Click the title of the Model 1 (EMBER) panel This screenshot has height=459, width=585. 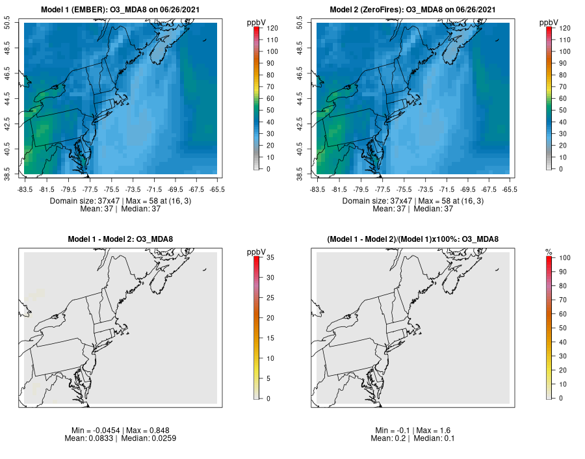tap(120, 10)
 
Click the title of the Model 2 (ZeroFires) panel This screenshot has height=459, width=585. tap(413, 10)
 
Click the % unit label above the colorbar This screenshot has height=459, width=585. tap(549, 252)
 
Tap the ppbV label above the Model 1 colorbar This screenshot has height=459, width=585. tap(256, 23)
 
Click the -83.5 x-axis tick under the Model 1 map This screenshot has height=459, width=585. tap(26, 189)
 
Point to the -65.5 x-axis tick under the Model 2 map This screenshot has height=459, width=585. tap(510, 189)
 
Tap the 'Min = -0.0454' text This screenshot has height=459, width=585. tap(96, 430)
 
